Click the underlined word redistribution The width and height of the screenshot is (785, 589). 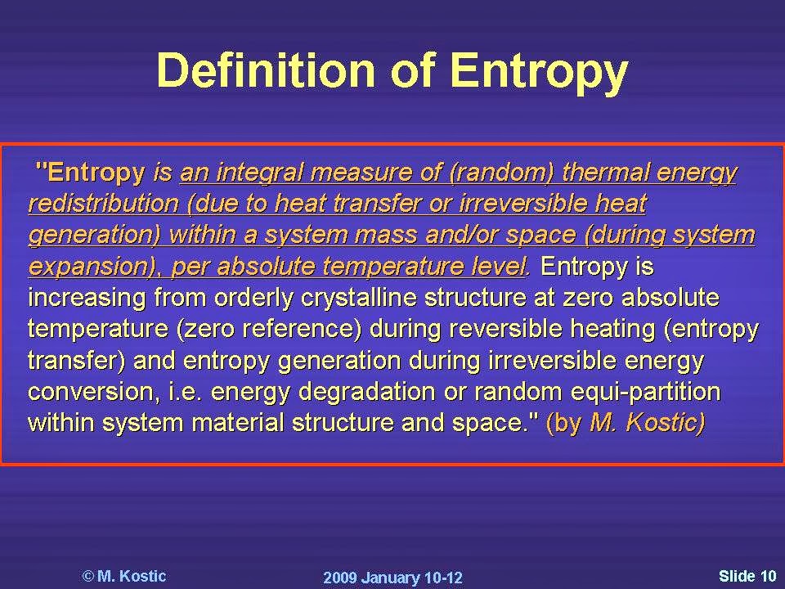[103, 205]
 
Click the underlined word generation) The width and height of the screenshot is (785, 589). [94, 236]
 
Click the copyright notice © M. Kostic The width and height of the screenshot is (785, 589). [124, 576]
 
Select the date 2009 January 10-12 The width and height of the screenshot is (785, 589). [392, 578]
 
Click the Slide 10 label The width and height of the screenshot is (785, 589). [747, 576]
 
